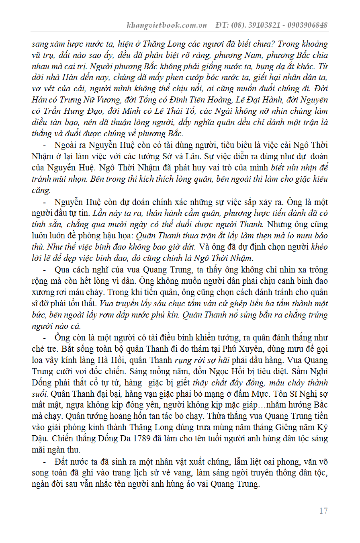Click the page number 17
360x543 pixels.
pos(323,511)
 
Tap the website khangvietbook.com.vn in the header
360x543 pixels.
pos(166,25)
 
